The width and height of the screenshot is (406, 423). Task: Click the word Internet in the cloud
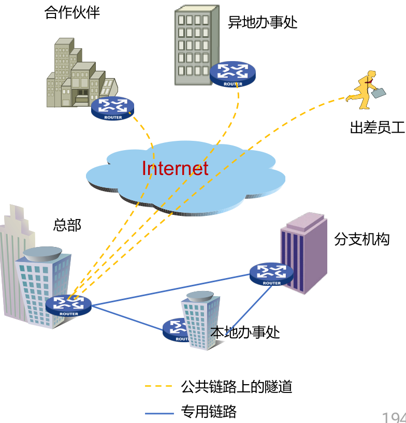(x=175, y=168)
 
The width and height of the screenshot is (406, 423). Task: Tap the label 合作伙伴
(x=72, y=12)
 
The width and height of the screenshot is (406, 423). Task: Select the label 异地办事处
(x=263, y=22)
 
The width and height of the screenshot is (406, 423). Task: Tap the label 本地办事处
(x=245, y=332)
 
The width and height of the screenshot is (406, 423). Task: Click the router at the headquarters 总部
(x=68, y=305)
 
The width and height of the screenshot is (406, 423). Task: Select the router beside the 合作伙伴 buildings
(x=113, y=108)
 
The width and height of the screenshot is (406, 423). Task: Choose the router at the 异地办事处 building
(x=233, y=74)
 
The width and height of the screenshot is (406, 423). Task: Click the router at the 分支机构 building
(x=271, y=274)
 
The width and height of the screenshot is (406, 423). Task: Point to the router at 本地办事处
(x=176, y=329)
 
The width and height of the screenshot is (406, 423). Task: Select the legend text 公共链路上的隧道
(x=237, y=386)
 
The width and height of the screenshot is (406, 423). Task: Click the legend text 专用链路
(x=209, y=412)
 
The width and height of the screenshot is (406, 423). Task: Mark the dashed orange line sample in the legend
(x=158, y=386)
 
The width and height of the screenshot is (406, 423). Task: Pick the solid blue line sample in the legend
(x=158, y=413)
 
